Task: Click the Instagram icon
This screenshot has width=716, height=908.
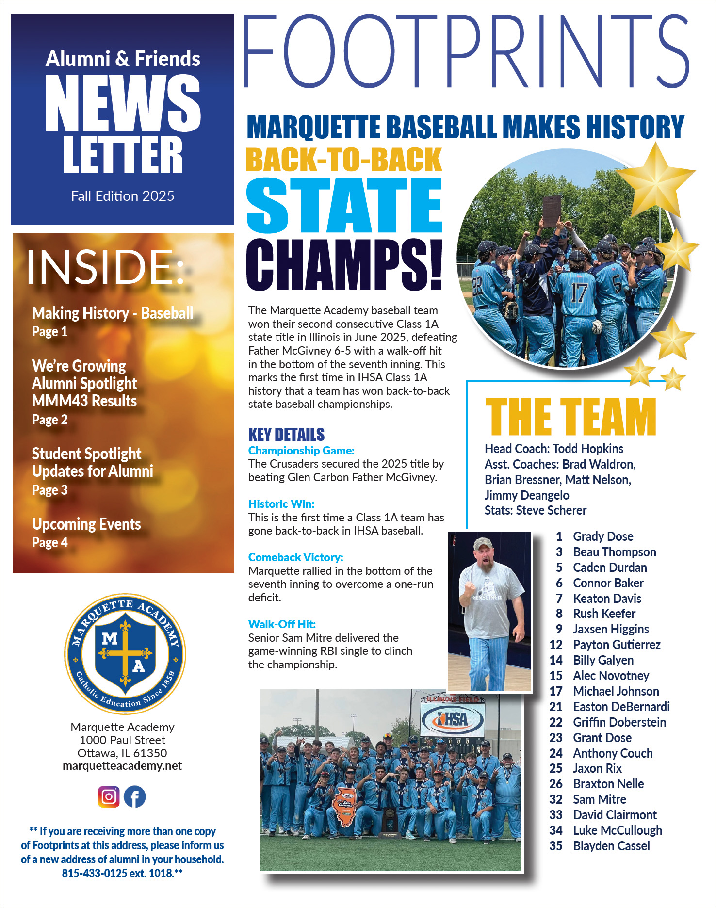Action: point(109,796)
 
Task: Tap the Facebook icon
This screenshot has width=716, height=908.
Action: point(134,796)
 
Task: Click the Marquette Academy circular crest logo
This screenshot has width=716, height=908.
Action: point(125,654)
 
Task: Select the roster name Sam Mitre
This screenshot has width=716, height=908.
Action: point(599,799)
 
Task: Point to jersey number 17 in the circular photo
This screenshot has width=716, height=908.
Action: point(578,293)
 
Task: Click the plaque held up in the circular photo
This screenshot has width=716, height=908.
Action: point(552,211)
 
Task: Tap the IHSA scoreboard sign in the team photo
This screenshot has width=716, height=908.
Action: point(453,719)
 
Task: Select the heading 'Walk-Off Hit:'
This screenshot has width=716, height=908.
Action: point(282,624)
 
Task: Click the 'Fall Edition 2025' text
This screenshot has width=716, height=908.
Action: point(123,196)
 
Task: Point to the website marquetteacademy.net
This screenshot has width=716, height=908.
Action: point(122,766)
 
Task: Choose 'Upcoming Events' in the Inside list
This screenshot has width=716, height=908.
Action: point(86,524)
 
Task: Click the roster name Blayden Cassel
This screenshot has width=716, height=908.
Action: point(611,846)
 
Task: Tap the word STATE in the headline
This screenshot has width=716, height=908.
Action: point(344,206)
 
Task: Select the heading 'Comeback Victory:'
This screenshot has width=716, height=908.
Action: point(295,557)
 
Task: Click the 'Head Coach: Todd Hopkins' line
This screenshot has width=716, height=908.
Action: point(553,449)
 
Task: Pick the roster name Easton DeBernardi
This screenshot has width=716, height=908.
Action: point(621,707)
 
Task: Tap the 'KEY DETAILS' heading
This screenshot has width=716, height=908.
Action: point(286,434)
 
